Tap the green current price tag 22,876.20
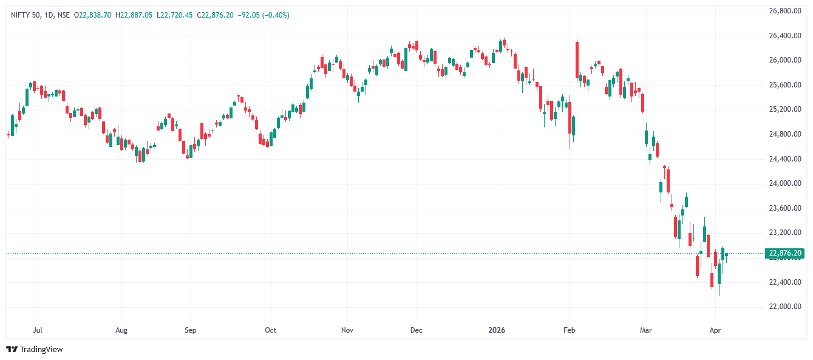(x=785, y=253)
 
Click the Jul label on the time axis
(x=38, y=330)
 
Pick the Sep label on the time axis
(x=191, y=330)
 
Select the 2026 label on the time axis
(x=497, y=330)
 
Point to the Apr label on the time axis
(x=715, y=330)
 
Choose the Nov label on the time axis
(x=347, y=330)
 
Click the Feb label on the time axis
(x=570, y=330)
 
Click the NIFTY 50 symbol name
(x=25, y=15)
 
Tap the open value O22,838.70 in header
(x=92, y=15)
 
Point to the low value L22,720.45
(x=176, y=15)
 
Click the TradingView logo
(x=35, y=349)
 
